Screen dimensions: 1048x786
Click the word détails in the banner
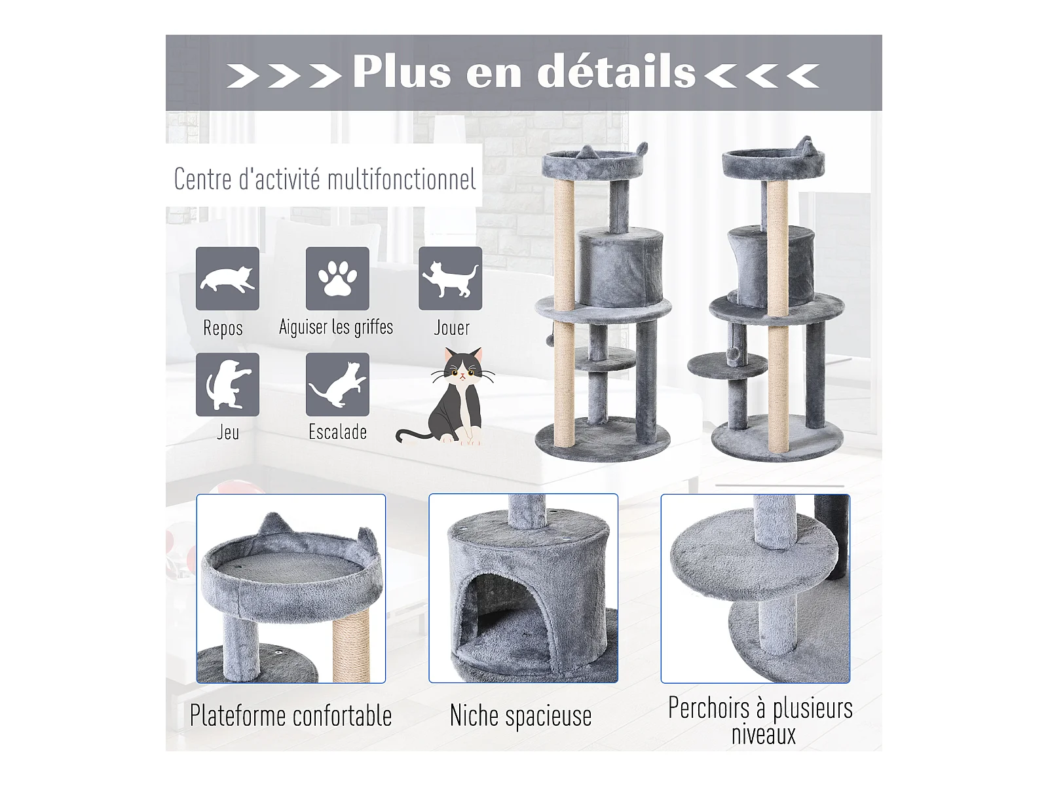coord(616,72)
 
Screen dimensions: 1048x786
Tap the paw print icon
coord(337,278)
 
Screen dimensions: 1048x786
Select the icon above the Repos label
coord(227,278)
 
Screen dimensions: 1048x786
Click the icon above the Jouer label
coord(450,278)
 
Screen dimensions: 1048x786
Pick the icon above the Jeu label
coord(227,384)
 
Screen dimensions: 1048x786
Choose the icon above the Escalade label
coord(337,384)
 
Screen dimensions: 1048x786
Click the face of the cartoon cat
coord(462,368)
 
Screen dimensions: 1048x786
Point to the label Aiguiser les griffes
coord(336,327)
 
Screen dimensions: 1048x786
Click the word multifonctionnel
coord(402,179)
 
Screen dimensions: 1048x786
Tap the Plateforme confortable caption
coord(291,715)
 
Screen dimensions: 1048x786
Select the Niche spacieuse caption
coord(521,715)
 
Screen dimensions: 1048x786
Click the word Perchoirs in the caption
coord(709,708)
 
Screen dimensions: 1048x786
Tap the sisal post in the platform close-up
coord(351,645)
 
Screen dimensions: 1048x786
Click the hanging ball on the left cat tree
coord(551,340)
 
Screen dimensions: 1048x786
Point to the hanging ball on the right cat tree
coord(734,354)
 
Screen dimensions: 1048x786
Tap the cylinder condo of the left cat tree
coord(621,267)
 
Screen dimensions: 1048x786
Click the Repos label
coord(223,328)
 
